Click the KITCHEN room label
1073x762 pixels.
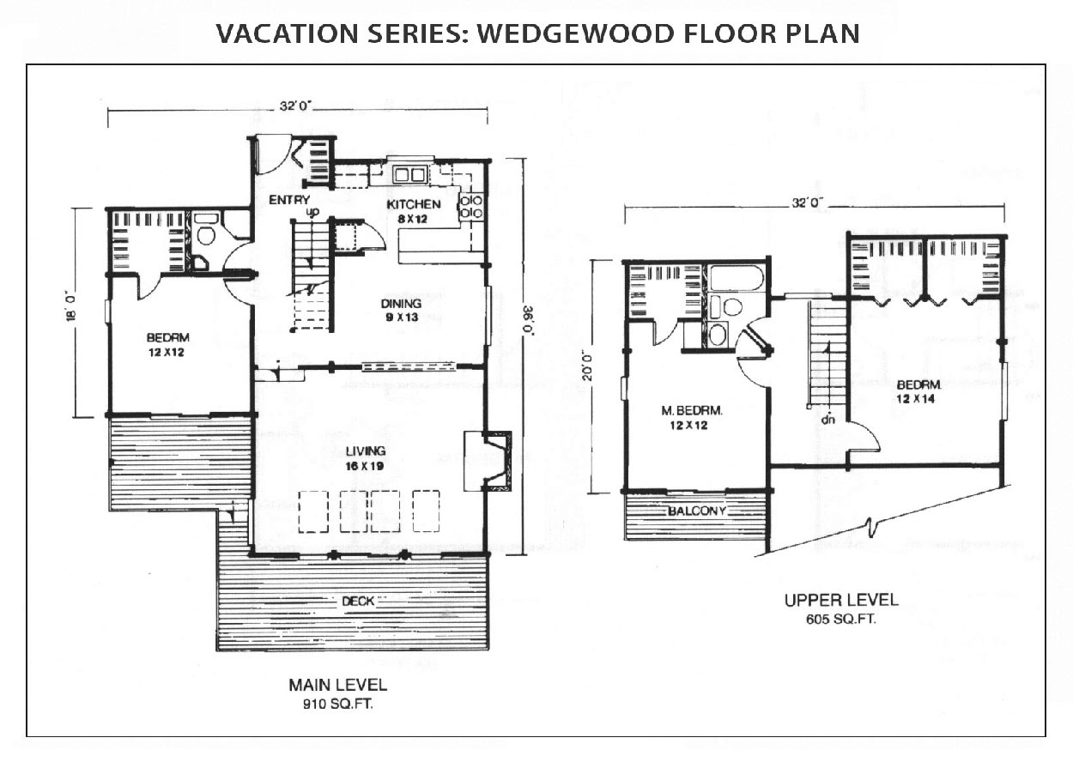pos(414,204)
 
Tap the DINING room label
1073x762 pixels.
pos(401,304)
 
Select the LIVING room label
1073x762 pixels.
pos(366,451)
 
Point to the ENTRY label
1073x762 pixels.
pos(288,200)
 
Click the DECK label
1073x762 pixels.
pos(358,601)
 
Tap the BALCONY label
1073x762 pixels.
pos(697,511)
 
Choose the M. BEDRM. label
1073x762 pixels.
pos(692,410)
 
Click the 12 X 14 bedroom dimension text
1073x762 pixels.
pos(915,398)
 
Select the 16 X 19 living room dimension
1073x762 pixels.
pos(365,466)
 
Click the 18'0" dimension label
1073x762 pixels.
pos(72,306)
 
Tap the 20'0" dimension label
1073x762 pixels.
pos(587,367)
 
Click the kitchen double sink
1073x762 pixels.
pos(409,175)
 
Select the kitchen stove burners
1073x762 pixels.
pos(470,207)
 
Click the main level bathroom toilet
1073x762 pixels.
pos(206,232)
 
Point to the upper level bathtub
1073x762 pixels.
pos(736,278)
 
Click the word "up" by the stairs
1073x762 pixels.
pos(312,212)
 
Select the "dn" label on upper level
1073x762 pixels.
pos(827,420)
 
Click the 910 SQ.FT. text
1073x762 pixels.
pos(337,704)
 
